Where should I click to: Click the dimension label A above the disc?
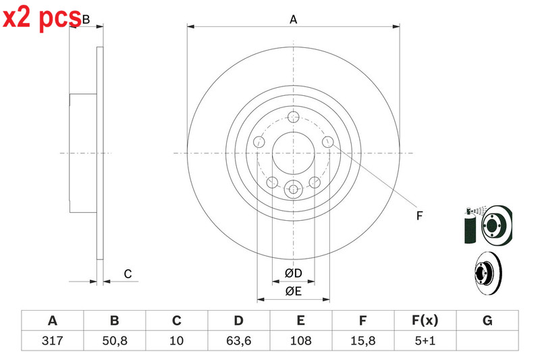coord(293,20)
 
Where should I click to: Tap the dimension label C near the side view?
coord(128,274)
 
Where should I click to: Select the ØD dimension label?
coord(294,273)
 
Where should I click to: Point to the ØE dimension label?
coord(294,292)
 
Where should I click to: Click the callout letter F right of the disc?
coord(419,215)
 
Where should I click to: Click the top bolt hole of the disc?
coord(294,117)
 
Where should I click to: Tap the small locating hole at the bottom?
coord(293,189)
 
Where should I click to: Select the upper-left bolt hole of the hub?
coord(259,142)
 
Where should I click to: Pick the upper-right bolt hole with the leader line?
coord(328,142)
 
